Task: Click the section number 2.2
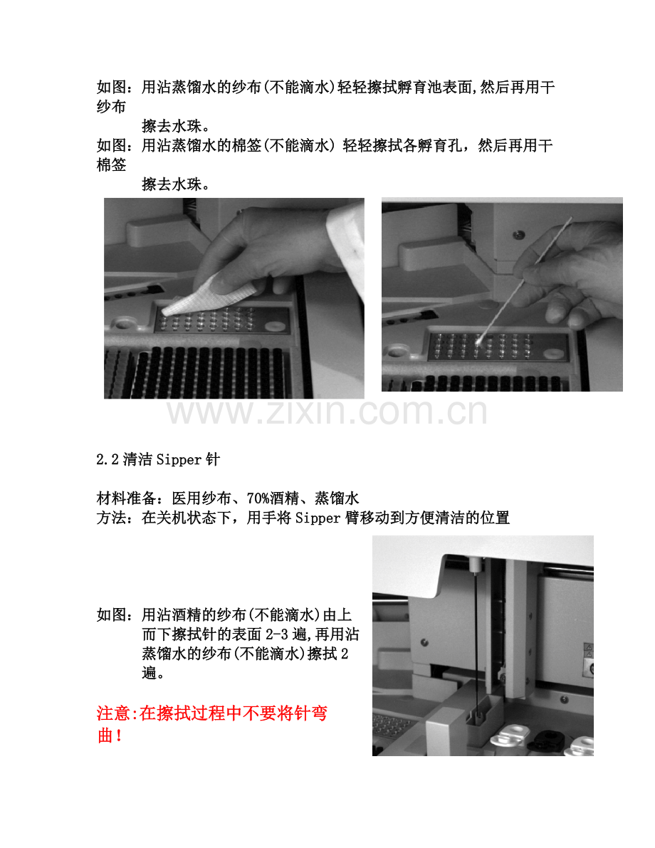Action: click(x=107, y=460)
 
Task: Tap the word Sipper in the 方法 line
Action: click(x=318, y=518)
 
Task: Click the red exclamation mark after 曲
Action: click(x=119, y=736)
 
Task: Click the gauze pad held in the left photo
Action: click(x=211, y=295)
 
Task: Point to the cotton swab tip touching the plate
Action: click(x=478, y=341)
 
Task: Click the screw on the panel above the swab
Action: click(x=519, y=235)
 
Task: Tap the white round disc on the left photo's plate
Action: click(x=276, y=326)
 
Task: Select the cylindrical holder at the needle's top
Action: click(x=474, y=565)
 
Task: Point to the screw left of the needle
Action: click(x=424, y=642)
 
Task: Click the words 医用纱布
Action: click(x=201, y=498)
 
